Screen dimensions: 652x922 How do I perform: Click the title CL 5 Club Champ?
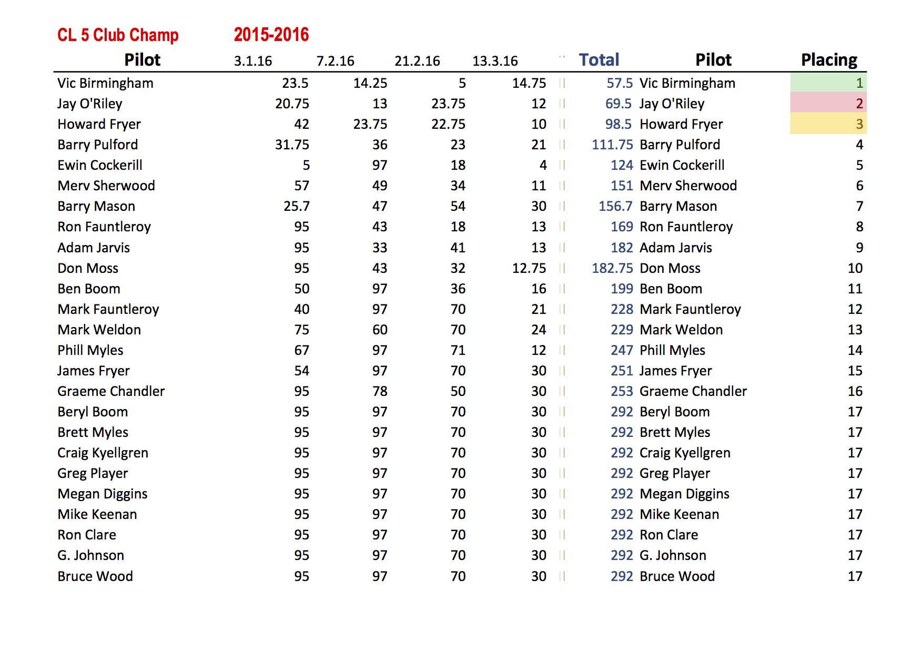tap(118, 35)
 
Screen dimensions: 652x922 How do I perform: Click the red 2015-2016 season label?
tap(271, 35)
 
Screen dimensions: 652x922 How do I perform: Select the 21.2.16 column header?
tap(417, 61)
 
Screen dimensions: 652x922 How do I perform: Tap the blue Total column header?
tap(599, 60)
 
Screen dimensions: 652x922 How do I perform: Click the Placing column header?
tap(829, 60)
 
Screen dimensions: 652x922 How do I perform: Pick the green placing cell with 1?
tap(828, 83)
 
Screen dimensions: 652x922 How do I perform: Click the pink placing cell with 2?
tap(828, 104)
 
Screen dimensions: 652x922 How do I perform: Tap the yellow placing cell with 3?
tap(828, 124)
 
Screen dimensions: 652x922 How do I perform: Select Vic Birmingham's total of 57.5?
tap(620, 83)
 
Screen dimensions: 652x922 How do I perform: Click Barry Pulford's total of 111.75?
tap(612, 145)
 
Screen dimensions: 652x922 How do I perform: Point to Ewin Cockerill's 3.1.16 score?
tap(306, 165)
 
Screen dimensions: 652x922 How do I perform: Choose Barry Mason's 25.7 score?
tap(297, 206)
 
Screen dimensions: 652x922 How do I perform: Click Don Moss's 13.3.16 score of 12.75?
tap(529, 268)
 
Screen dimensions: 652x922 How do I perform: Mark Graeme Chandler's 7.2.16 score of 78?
tap(380, 391)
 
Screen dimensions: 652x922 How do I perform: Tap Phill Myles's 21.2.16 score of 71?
tap(458, 350)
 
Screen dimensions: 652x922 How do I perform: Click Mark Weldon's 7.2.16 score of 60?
tap(380, 330)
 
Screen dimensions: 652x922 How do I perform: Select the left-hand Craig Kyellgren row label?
tap(103, 453)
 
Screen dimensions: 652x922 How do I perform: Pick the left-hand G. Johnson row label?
tap(91, 555)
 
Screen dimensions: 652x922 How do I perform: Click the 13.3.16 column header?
tap(495, 61)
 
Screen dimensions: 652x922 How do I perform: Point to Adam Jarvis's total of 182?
tap(622, 248)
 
